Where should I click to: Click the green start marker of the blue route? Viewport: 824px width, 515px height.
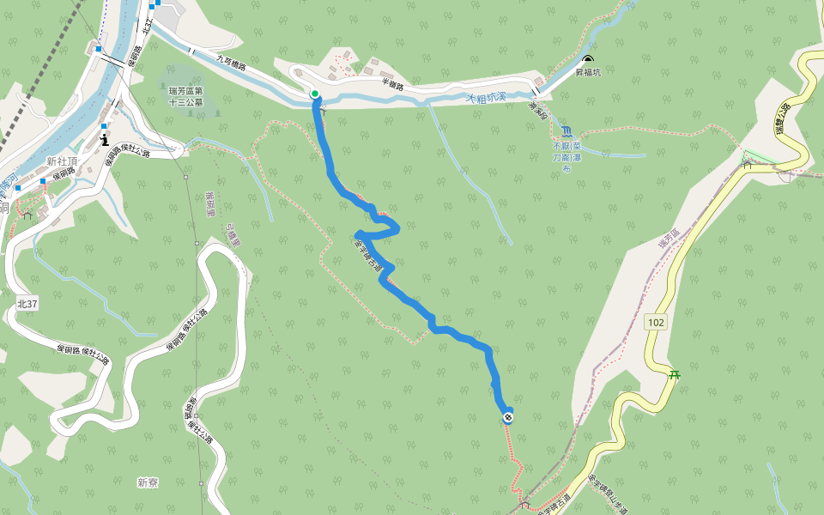(x=315, y=94)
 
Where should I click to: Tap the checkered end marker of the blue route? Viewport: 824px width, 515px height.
(x=509, y=418)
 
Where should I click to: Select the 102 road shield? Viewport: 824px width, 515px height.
(x=656, y=322)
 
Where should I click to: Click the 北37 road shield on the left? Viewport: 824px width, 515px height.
(x=27, y=303)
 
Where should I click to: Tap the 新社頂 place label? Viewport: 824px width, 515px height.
(x=63, y=161)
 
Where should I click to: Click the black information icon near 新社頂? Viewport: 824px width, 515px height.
(x=105, y=138)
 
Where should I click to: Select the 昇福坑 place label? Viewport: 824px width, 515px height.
(x=588, y=73)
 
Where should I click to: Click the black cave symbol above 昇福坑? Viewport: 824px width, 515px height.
(x=588, y=60)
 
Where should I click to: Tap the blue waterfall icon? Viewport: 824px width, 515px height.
(x=566, y=131)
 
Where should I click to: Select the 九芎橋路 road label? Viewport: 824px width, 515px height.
(x=232, y=65)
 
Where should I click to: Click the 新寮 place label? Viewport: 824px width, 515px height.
(x=148, y=482)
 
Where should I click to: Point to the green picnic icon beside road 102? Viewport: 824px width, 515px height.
(x=676, y=374)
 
